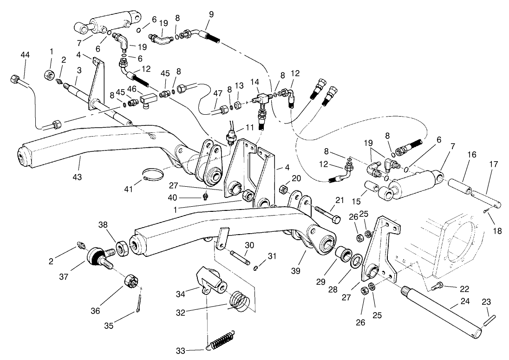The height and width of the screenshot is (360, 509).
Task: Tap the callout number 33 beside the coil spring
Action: point(183,349)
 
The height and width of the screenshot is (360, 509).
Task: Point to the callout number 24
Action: point(464,301)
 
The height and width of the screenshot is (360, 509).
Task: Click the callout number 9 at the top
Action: point(211,14)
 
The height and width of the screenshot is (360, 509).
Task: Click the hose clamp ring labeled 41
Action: point(154,175)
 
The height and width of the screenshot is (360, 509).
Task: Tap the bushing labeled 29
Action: point(343,255)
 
